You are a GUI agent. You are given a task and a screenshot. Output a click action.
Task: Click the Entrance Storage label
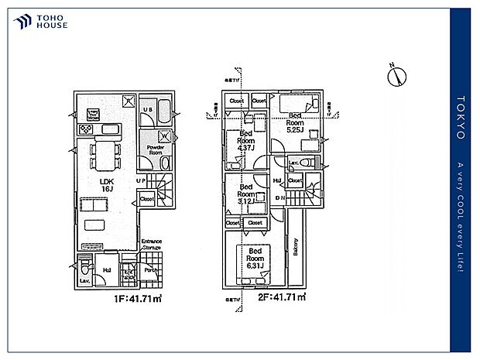[151, 245]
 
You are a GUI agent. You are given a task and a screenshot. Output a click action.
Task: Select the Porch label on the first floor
[152, 270]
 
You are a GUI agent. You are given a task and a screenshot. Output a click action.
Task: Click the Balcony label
[296, 246]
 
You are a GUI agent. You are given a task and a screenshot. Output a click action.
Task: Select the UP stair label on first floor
[141, 180]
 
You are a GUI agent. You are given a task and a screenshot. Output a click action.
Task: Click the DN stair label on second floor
[281, 197]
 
